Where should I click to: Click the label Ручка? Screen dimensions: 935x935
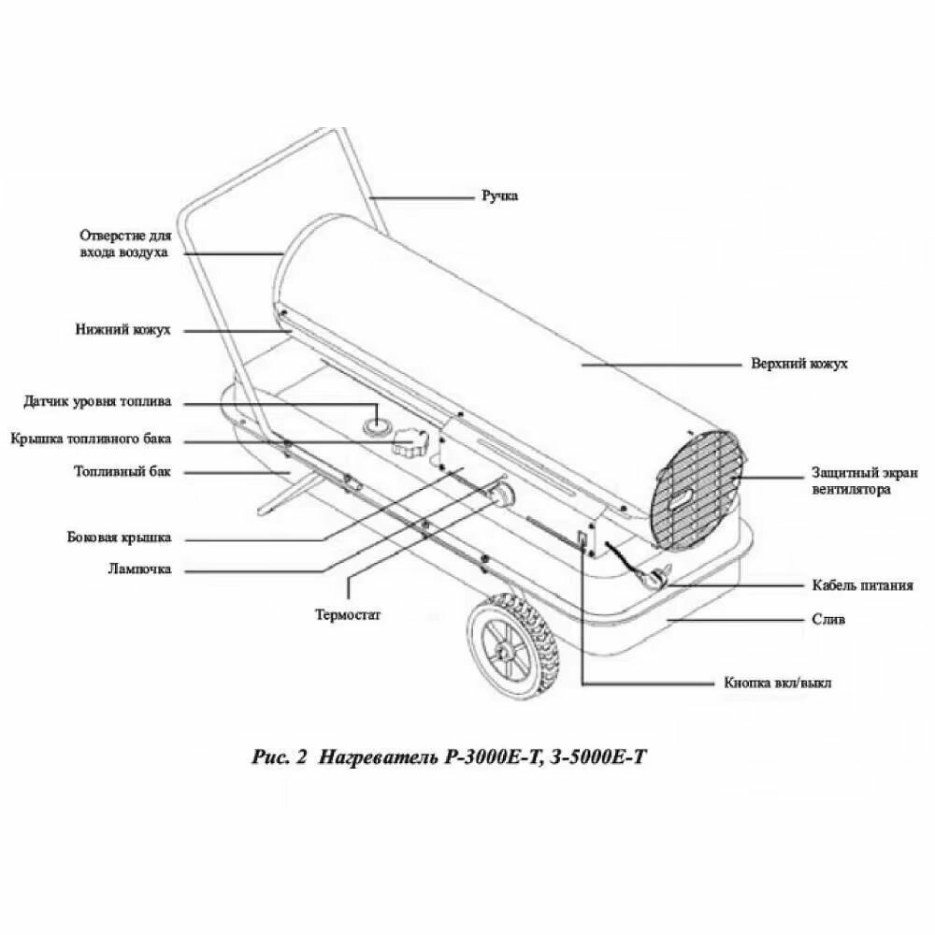click(x=499, y=196)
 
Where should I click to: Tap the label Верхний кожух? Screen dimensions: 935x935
click(x=799, y=364)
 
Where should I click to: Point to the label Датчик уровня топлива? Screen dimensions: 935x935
click(x=97, y=403)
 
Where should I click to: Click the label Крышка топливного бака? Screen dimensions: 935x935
click(x=91, y=439)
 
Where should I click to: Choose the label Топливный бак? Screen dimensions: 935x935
click(x=122, y=472)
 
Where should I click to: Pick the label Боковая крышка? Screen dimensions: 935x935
click(x=119, y=539)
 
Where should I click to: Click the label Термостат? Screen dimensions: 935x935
click(x=348, y=614)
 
